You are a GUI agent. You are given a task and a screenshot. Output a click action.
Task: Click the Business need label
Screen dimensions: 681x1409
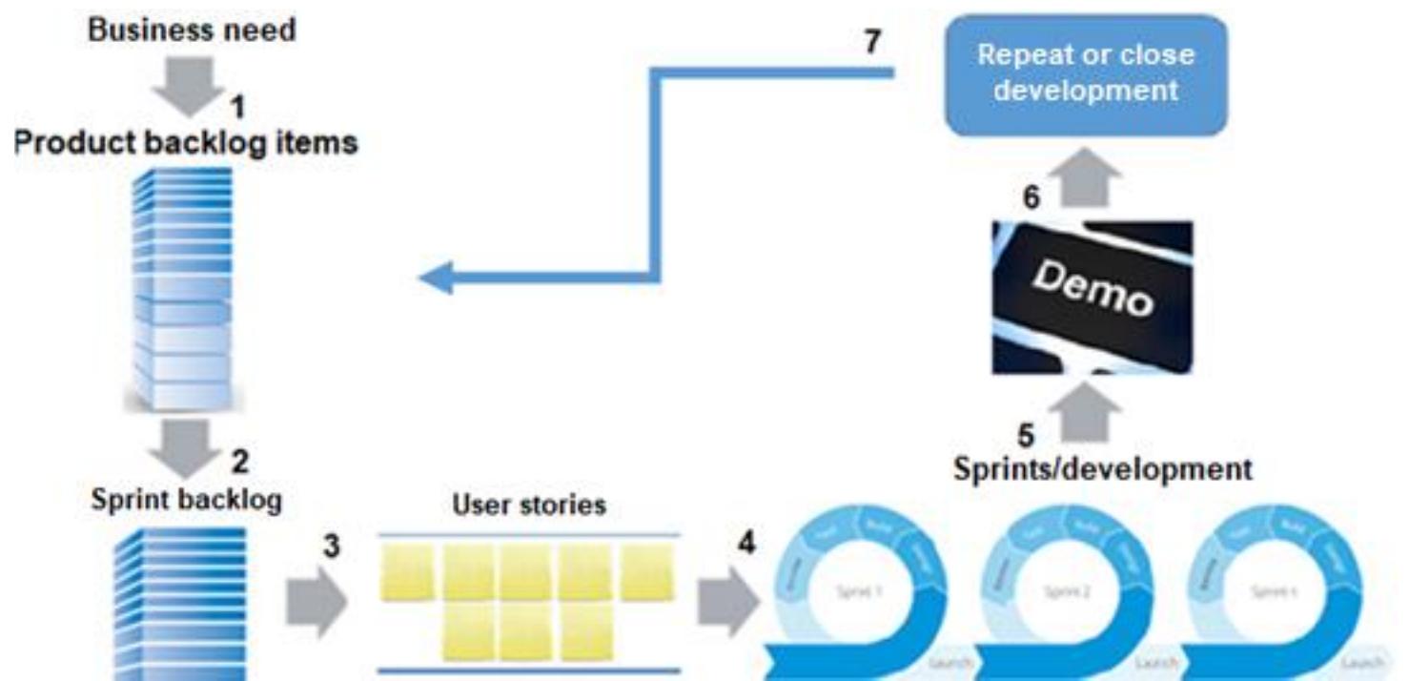tap(192, 30)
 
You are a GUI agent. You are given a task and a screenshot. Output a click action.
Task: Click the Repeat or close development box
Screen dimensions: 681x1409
tap(1086, 74)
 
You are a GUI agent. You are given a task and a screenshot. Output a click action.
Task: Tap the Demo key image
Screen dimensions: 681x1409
tap(1091, 297)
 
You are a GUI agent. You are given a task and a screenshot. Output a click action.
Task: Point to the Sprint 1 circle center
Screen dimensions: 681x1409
tap(860, 591)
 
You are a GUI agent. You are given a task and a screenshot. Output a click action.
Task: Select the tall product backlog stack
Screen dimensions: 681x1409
tap(181, 286)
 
